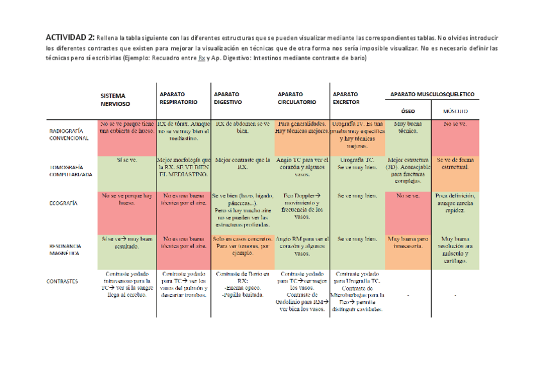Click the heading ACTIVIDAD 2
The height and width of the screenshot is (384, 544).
pyautogui.click(x=70, y=37)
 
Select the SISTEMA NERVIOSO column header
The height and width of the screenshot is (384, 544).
pyautogui.click(x=115, y=99)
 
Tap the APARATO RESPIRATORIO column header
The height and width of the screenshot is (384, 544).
pyautogui.click(x=178, y=98)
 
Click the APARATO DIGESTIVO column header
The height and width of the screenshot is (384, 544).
pyautogui.click(x=228, y=97)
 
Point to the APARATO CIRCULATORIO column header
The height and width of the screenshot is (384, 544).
pyautogui.click(x=297, y=97)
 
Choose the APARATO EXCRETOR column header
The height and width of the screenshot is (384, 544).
pyautogui.click(x=346, y=97)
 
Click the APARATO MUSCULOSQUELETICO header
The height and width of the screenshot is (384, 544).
pyautogui.click(x=432, y=94)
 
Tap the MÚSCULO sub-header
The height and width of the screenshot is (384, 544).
pyautogui.click(x=455, y=111)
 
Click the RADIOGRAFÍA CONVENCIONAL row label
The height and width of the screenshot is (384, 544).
pyautogui.click(x=69, y=134)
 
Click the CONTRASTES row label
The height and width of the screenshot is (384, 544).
pyautogui.click(x=63, y=281)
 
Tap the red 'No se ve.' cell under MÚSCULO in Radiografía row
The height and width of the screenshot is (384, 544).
pyautogui.click(x=455, y=123)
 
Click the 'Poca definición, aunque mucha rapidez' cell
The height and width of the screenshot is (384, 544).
pyautogui.click(x=455, y=202)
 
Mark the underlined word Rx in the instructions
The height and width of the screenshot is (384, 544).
pyautogui.click(x=201, y=58)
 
